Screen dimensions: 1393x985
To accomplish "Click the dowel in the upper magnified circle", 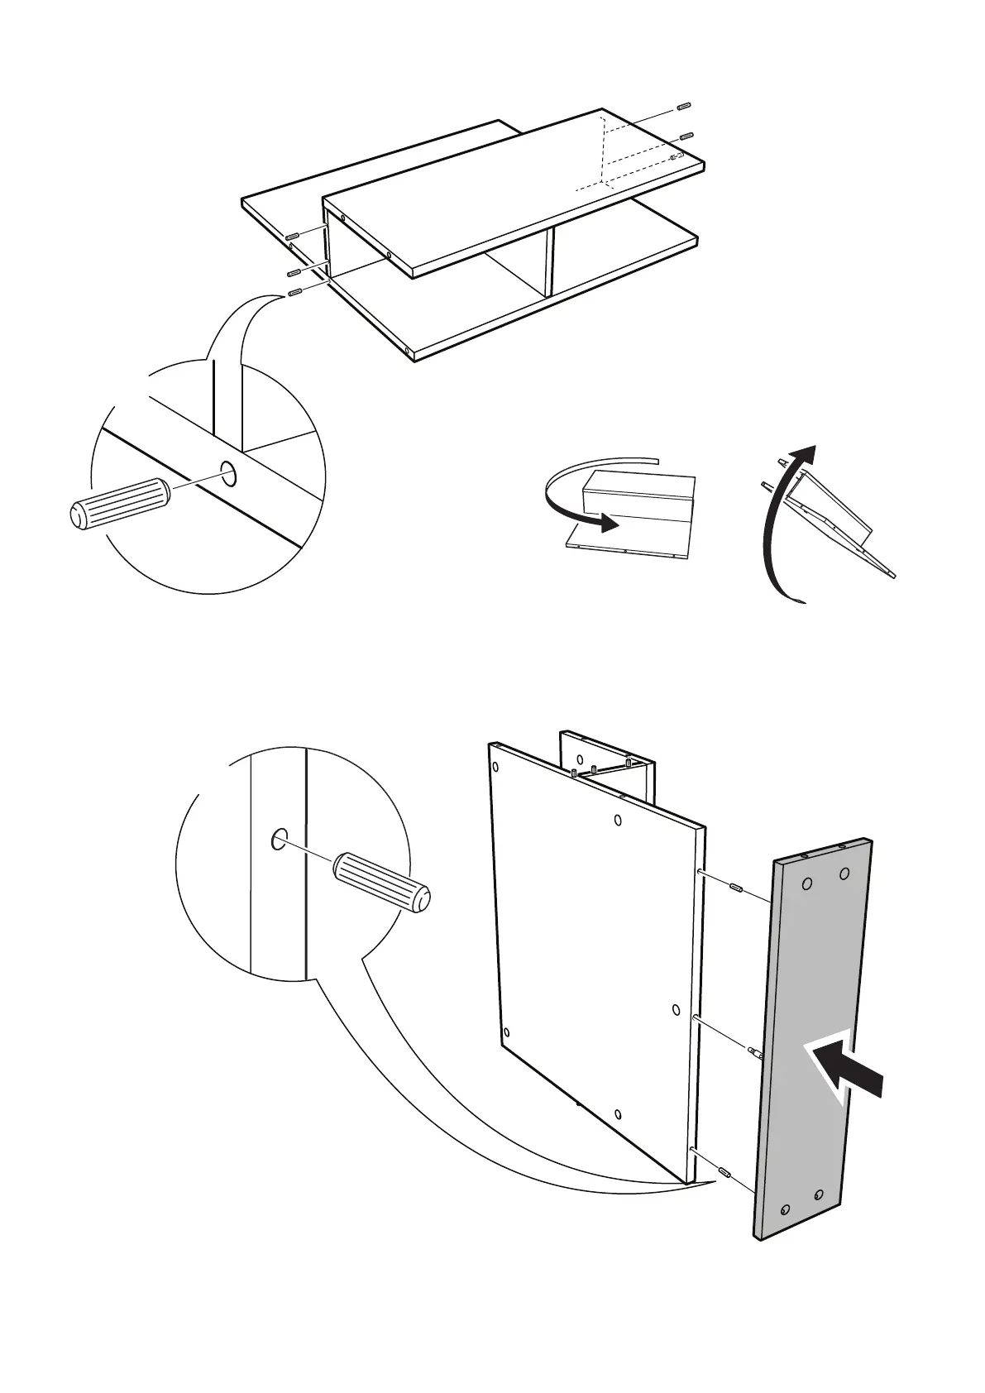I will tap(118, 502).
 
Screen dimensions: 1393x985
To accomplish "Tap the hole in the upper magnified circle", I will tap(228, 474).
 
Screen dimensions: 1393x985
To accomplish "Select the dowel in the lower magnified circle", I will tap(381, 883).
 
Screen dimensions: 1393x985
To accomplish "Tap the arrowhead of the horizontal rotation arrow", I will tap(609, 522).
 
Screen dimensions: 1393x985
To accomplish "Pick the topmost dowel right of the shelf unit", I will tap(683, 106).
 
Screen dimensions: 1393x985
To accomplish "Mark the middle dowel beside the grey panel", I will tap(755, 1053).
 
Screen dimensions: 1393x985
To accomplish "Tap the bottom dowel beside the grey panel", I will tap(724, 1170).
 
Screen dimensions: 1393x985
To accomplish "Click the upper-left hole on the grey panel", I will tap(807, 884).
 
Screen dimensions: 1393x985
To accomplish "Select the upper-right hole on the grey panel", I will tap(844, 874).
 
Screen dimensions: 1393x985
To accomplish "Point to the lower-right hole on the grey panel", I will tap(819, 1194).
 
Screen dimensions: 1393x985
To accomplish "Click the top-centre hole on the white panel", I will tap(619, 820).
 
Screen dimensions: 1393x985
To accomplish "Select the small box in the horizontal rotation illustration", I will tap(637, 495).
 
